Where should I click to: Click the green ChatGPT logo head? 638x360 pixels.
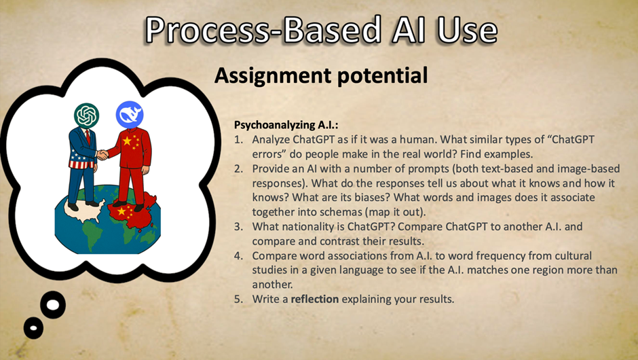[87, 115]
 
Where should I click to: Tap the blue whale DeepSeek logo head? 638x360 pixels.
[130, 114]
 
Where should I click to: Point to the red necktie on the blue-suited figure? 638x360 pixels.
[88, 137]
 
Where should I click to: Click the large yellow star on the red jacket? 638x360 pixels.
[127, 141]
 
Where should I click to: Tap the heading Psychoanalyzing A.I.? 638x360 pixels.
[286, 124]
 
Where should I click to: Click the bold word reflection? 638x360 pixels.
[314, 299]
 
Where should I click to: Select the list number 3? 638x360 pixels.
[238, 226]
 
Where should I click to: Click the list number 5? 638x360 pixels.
[238, 299]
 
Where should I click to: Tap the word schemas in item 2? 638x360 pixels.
[341, 212]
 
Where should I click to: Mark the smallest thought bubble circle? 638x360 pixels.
[33, 327]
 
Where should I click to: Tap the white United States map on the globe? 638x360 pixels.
[85, 209]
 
